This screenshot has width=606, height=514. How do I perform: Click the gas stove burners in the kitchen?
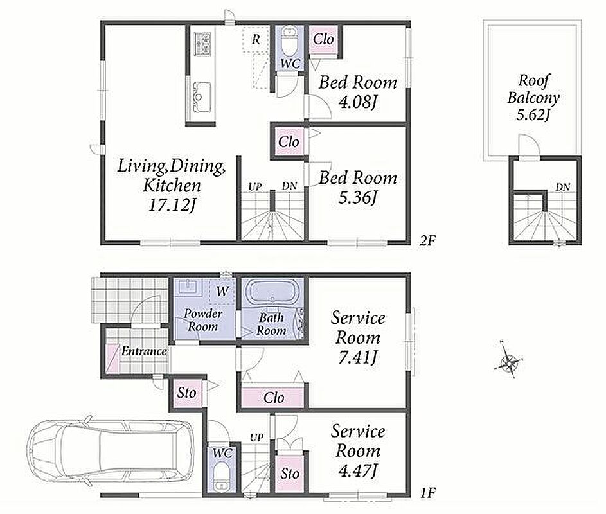click(x=202, y=44)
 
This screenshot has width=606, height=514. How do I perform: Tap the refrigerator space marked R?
click(x=256, y=39)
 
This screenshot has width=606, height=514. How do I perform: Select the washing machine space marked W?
click(x=222, y=290)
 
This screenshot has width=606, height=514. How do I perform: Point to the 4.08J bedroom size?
click(x=357, y=103)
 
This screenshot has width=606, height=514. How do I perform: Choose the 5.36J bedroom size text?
click(x=357, y=198)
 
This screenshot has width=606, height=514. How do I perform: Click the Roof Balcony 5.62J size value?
click(x=533, y=114)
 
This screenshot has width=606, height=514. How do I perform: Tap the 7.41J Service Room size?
click(x=357, y=358)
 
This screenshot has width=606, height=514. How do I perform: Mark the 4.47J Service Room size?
click(x=357, y=470)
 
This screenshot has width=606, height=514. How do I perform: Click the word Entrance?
click(x=144, y=351)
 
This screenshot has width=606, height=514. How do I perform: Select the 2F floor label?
click(x=427, y=241)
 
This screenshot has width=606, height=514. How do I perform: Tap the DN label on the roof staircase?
click(x=563, y=187)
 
